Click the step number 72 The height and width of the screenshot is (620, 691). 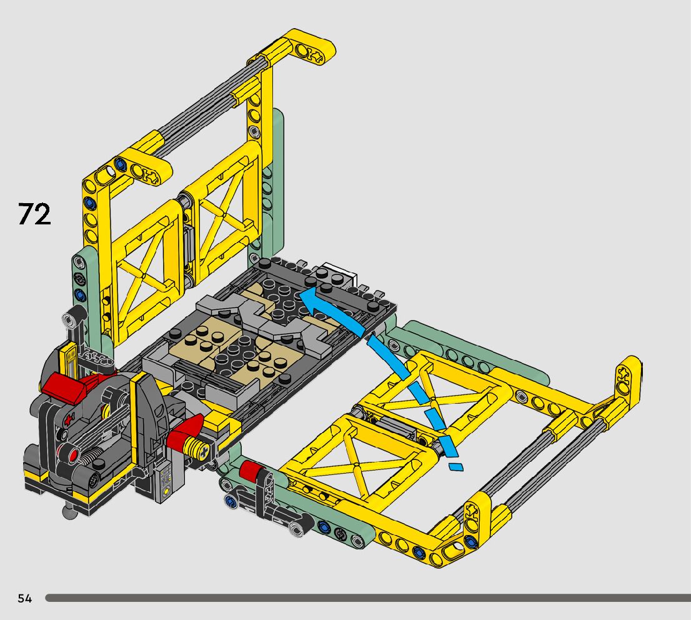pos(34,214)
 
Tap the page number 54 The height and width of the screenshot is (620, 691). pos(25,598)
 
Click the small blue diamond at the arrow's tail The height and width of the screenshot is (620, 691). pos(456,467)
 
